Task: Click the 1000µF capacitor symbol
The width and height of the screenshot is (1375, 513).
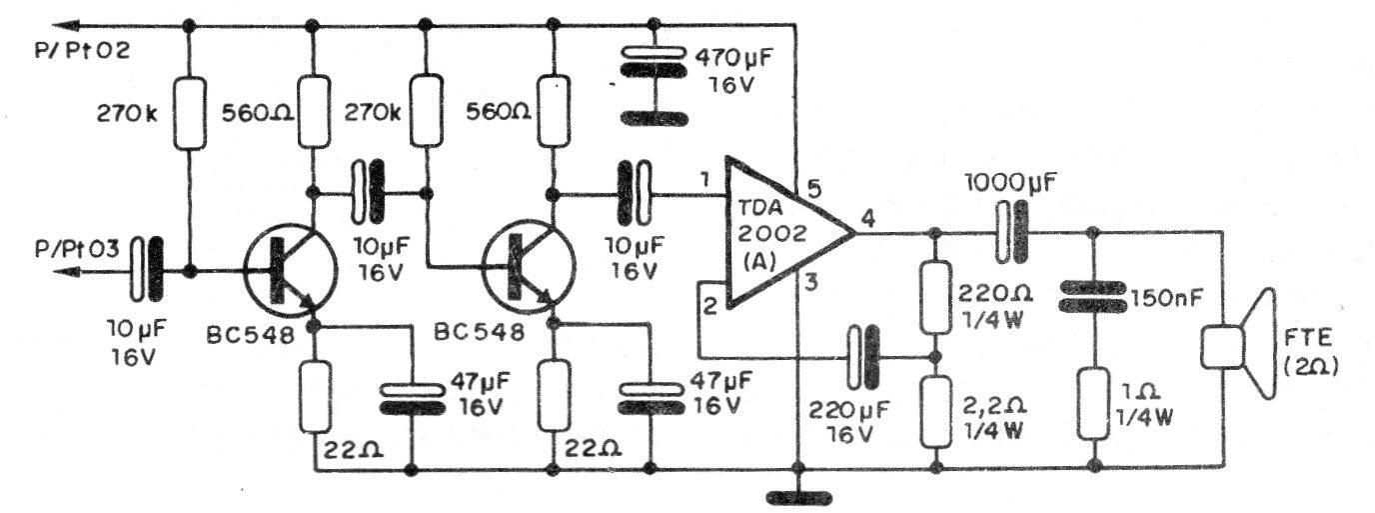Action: coord(1012,231)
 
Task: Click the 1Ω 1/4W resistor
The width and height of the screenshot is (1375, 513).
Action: coord(1093,404)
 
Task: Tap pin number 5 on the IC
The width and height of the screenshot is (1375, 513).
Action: coord(813,187)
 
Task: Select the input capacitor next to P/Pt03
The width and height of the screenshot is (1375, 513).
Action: coord(147,269)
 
